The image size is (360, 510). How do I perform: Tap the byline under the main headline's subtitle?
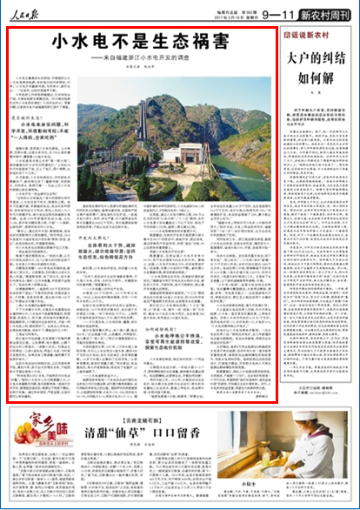click(x=144, y=67)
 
